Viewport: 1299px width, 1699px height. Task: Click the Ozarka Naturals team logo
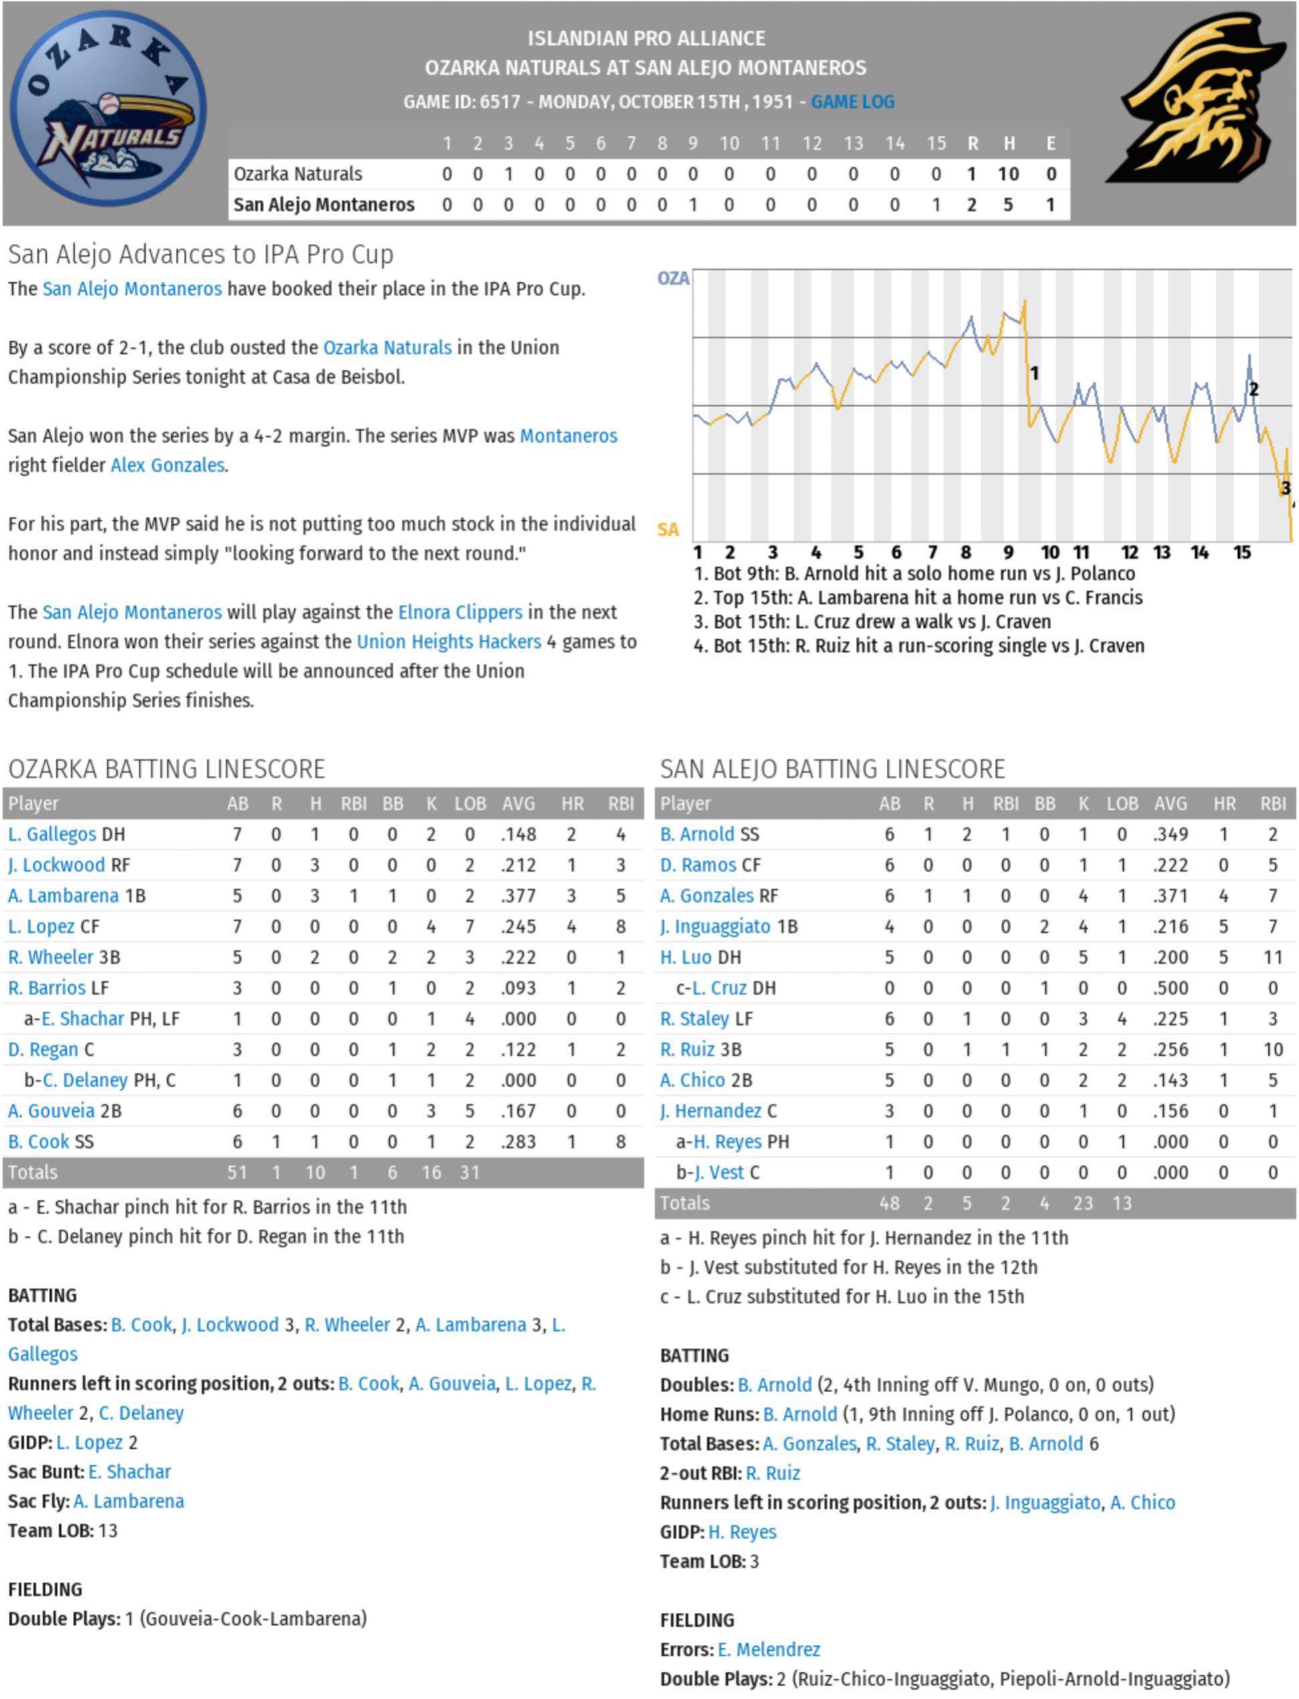click(x=108, y=109)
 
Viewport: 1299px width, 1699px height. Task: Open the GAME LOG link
click(x=852, y=102)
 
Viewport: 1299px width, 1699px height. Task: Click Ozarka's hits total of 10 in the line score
click(x=1008, y=174)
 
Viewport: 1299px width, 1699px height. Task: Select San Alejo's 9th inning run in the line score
click(x=693, y=205)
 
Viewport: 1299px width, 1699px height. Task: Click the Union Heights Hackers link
click(x=449, y=642)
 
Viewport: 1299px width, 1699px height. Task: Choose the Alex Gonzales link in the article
click(x=168, y=465)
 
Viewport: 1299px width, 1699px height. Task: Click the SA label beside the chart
click(x=668, y=530)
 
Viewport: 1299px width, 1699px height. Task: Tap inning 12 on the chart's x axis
click(x=1130, y=553)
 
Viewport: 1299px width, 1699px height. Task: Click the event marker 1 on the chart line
click(x=1034, y=374)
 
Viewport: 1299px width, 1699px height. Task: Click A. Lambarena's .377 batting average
click(x=518, y=895)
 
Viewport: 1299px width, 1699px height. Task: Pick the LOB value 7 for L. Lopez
click(x=469, y=927)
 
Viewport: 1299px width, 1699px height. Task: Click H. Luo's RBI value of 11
click(x=1272, y=957)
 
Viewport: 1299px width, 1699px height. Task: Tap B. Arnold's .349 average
click(x=1170, y=834)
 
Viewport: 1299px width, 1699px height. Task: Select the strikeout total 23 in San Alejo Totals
click(x=1083, y=1204)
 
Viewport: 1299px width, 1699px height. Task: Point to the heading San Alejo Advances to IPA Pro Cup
click(x=201, y=255)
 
